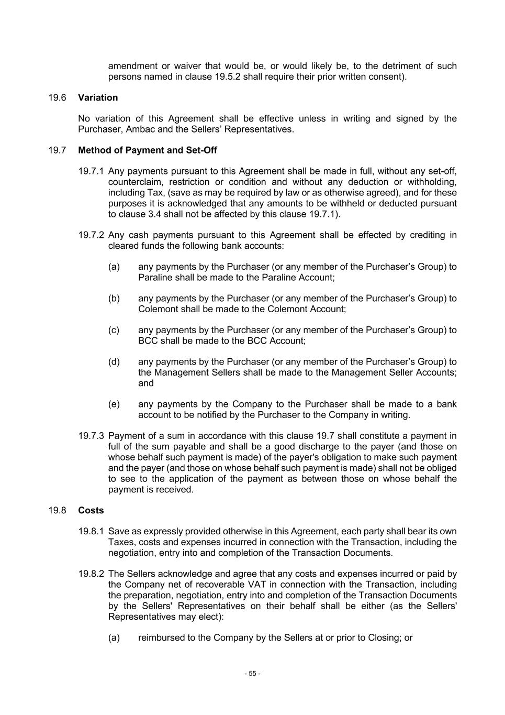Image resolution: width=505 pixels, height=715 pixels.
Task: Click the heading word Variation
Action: pyautogui.click(x=98, y=97)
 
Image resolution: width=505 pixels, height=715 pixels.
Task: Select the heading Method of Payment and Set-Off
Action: pyautogui.click(x=147, y=150)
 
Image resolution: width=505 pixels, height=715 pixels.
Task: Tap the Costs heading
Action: pyautogui.click(x=91, y=510)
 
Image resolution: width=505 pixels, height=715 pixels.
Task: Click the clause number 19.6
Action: pyautogui.click(x=57, y=97)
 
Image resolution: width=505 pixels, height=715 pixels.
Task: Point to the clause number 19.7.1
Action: pyautogui.click(x=92, y=171)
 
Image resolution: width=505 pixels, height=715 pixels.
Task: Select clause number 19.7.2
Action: pyautogui.click(x=92, y=235)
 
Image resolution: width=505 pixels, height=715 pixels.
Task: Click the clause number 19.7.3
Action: pyautogui.click(x=92, y=436)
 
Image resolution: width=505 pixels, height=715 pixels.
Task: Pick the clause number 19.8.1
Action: pyautogui.click(x=92, y=531)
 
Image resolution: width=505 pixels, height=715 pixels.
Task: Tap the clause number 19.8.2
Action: pyautogui.click(x=92, y=574)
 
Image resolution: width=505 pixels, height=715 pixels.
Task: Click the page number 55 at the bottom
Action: pyautogui.click(x=252, y=674)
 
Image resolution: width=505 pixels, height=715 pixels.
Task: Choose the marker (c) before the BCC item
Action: pyautogui.click(x=114, y=330)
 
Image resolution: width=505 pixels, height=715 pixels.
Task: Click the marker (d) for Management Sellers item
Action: pyautogui.click(x=114, y=362)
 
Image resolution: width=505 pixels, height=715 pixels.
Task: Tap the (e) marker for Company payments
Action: pyautogui.click(x=114, y=404)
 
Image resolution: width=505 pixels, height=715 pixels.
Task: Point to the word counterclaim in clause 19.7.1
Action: pyautogui.click(x=133, y=182)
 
